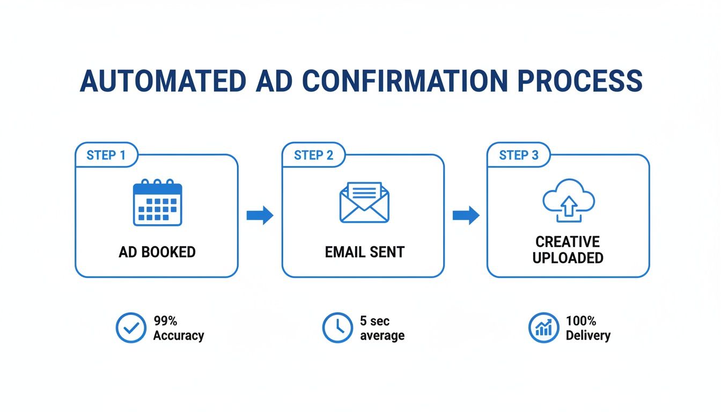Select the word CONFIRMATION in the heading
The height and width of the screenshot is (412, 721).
[x=404, y=82]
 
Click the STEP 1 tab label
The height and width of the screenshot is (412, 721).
[x=106, y=156]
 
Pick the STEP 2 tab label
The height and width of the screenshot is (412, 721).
[x=314, y=156]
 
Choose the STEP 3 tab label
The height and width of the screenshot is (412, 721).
[x=519, y=156]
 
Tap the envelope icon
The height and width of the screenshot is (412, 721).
[x=364, y=203]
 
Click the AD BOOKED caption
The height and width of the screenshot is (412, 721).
[x=157, y=252]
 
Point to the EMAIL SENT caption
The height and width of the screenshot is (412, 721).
[x=364, y=252]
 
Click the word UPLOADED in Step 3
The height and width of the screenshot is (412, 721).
[x=568, y=258]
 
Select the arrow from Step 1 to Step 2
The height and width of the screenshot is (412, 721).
[x=260, y=216]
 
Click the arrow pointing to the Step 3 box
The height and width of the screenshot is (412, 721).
[x=466, y=216]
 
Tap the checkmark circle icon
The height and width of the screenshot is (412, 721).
[x=130, y=328]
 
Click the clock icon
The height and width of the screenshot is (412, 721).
[x=337, y=328]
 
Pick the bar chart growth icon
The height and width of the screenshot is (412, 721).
[x=543, y=328]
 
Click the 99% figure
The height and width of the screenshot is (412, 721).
[x=165, y=321]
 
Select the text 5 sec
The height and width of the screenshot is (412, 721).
[x=374, y=321]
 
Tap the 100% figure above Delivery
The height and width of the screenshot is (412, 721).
[x=581, y=321]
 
